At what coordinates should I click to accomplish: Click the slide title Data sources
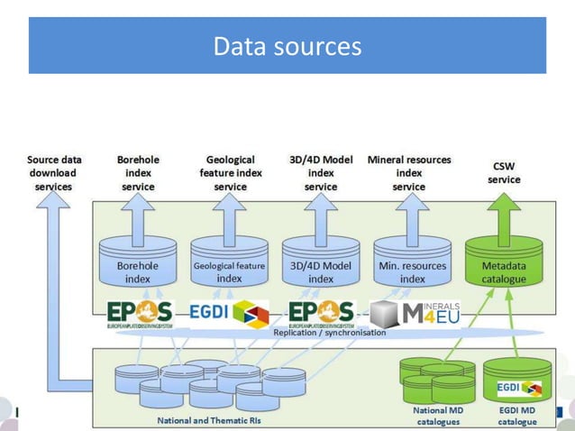[x=287, y=45]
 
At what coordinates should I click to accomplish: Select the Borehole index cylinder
[x=138, y=265]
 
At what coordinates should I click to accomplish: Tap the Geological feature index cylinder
[x=229, y=265]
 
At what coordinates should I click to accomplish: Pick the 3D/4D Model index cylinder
[x=321, y=265]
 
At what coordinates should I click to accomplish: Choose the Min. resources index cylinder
[x=412, y=265]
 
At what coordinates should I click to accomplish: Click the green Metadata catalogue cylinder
[x=504, y=265]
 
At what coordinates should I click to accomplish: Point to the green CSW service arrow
[x=504, y=212]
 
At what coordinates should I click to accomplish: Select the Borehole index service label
[x=138, y=173]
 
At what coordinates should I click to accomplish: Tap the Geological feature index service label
[x=230, y=173]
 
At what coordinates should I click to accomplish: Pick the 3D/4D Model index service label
[x=321, y=173]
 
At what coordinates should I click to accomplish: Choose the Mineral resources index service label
[x=409, y=173]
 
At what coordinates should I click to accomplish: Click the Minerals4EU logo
[x=415, y=314]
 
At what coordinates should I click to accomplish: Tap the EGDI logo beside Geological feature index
[x=229, y=313]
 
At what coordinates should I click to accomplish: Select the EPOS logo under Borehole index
[x=139, y=313]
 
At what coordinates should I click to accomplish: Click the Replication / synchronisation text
[x=329, y=333]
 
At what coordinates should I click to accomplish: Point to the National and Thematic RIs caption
[x=203, y=420]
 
